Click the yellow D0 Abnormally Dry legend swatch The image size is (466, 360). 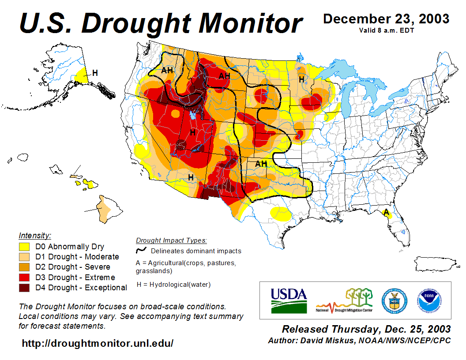tap(24, 247)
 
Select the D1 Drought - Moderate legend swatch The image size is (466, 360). tap(24, 257)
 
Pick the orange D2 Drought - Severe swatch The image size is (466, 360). tap(24, 267)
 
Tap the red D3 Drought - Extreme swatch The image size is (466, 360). tap(24, 277)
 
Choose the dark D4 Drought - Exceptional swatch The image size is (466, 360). tap(24, 287)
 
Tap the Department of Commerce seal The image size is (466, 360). tap(394, 300)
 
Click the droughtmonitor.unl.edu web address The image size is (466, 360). tap(98, 343)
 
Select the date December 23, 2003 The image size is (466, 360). tap(386, 19)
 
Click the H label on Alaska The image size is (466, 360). tap(95, 73)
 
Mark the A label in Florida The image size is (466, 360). tap(386, 212)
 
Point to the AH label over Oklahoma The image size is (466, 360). tap(261, 164)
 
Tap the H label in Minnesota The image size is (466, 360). tap(301, 79)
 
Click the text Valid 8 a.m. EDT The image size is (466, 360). tap(386, 30)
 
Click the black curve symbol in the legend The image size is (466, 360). tap(142, 251)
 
